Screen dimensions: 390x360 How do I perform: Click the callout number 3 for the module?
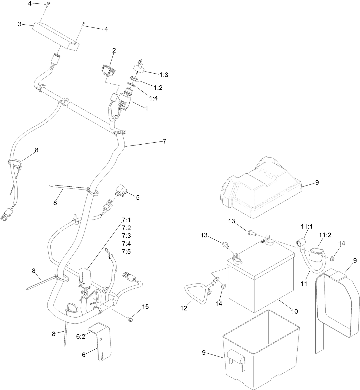tap(19, 24)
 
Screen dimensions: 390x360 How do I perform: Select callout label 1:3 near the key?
tap(164, 75)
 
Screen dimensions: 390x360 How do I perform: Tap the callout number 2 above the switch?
tap(114, 51)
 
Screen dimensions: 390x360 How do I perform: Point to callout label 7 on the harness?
tap(164, 141)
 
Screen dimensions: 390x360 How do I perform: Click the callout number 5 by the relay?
tap(138, 198)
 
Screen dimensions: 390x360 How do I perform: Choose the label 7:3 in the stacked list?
tap(126, 236)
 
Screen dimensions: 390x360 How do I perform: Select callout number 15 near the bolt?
tap(145, 307)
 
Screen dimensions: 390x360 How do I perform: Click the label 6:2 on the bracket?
tap(80, 337)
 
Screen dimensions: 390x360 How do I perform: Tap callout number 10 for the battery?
tap(294, 311)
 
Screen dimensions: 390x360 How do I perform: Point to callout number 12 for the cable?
tap(184, 308)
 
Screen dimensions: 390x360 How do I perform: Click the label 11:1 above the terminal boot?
tap(307, 226)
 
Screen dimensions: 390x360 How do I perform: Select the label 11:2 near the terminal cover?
tap(325, 235)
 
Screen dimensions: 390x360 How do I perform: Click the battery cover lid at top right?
tap(262, 189)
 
